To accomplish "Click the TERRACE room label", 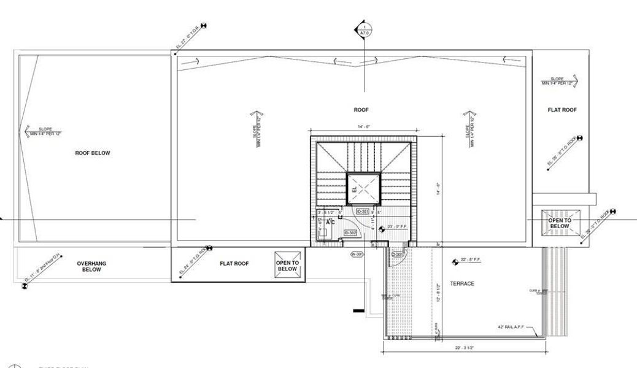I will click(462, 283).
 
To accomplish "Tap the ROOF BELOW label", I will click(93, 153).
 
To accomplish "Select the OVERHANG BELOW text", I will click(91, 266).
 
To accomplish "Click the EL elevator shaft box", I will click(363, 188).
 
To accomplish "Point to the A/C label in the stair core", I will click(330, 221).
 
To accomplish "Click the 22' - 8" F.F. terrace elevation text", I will click(472, 261).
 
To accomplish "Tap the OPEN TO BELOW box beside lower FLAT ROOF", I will click(287, 266).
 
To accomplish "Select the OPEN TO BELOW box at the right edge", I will click(559, 223).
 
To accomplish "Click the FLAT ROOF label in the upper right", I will click(562, 110).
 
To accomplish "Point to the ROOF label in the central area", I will click(361, 110).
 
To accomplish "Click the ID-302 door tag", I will click(350, 234).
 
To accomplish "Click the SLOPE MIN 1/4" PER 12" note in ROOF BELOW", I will click(47, 131).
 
